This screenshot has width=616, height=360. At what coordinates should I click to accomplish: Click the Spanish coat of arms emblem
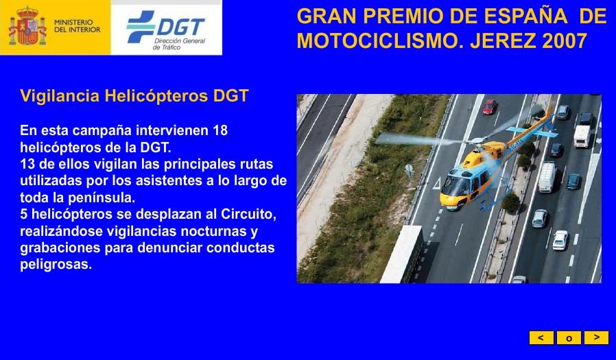[27, 26]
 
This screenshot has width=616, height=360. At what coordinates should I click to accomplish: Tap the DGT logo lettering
[180, 27]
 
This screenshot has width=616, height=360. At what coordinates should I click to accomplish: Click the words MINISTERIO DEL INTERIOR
[77, 26]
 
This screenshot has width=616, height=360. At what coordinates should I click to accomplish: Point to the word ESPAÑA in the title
[525, 16]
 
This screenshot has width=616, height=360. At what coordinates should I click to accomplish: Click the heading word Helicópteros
[156, 96]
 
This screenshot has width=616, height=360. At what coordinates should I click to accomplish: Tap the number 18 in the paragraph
[220, 130]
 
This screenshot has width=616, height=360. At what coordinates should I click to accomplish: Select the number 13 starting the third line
[27, 164]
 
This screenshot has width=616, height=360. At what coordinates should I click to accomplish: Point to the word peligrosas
[56, 264]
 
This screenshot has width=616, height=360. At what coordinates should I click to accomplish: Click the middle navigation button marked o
[569, 337]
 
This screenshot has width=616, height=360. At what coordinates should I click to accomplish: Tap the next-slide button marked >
[596, 337]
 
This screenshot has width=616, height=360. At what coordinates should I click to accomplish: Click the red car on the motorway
[490, 106]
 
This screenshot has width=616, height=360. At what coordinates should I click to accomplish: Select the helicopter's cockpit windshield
[456, 185]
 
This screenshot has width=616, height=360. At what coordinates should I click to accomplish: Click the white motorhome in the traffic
[582, 136]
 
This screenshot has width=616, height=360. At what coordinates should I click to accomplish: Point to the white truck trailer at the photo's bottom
[401, 254]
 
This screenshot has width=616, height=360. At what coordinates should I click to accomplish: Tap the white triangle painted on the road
[436, 184]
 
